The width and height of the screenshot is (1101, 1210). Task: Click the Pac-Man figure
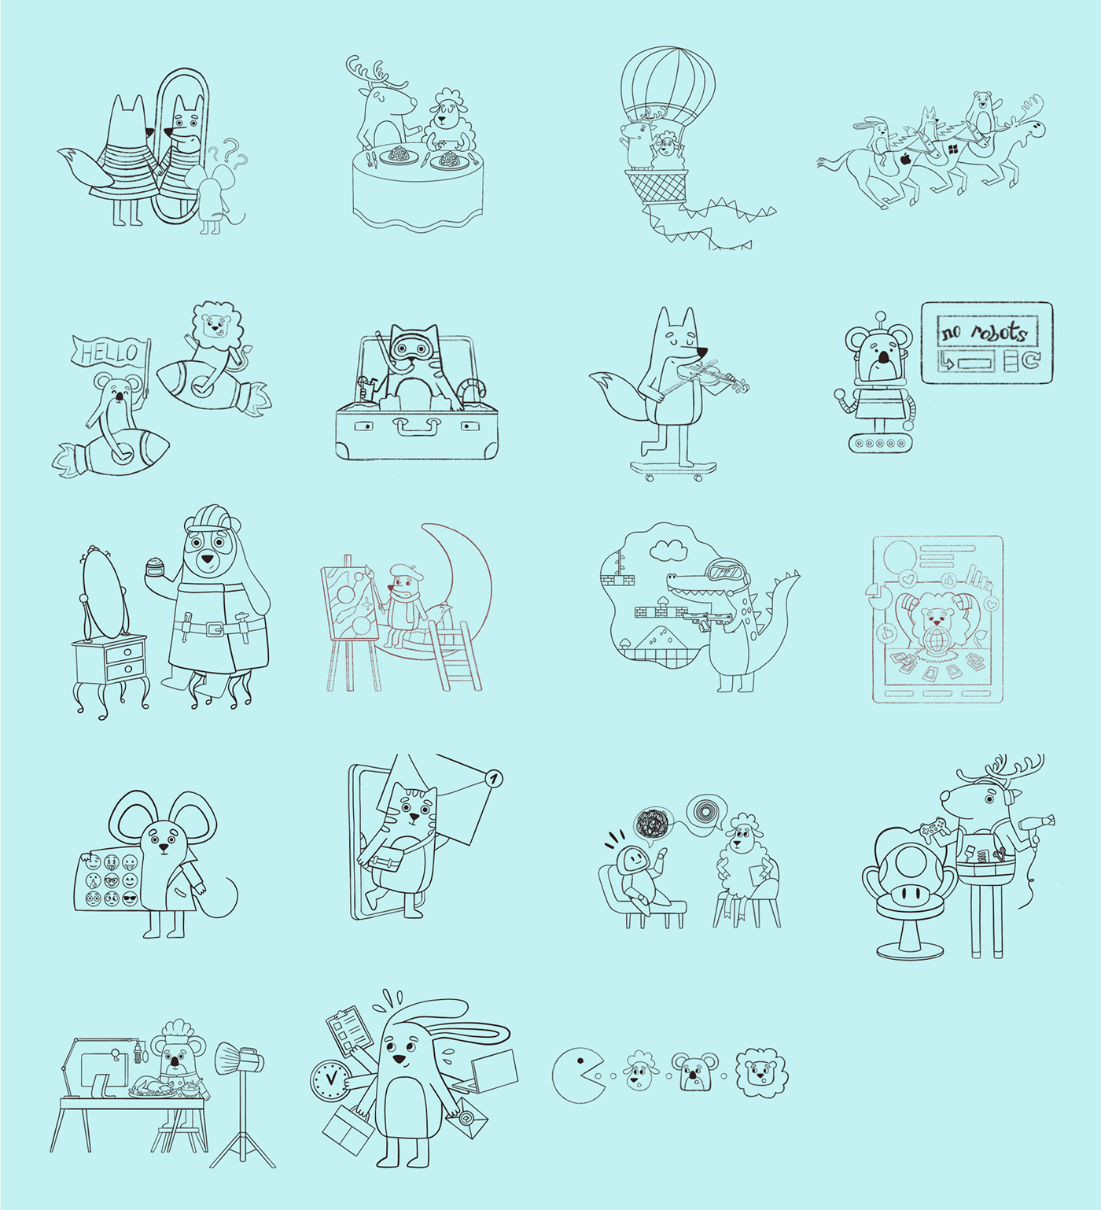pos(578,1075)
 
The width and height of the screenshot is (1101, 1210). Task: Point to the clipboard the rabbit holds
pos(348,1032)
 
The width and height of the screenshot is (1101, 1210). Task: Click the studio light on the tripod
pos(239,1058)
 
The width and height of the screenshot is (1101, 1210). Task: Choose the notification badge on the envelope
pos(493,779)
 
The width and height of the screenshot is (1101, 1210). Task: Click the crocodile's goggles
pos(723,570)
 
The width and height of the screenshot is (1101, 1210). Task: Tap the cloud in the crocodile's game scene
pos(668,548)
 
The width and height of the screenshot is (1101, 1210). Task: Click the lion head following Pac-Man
pos(761,1072)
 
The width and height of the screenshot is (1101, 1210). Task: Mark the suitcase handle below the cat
pos(417,426)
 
